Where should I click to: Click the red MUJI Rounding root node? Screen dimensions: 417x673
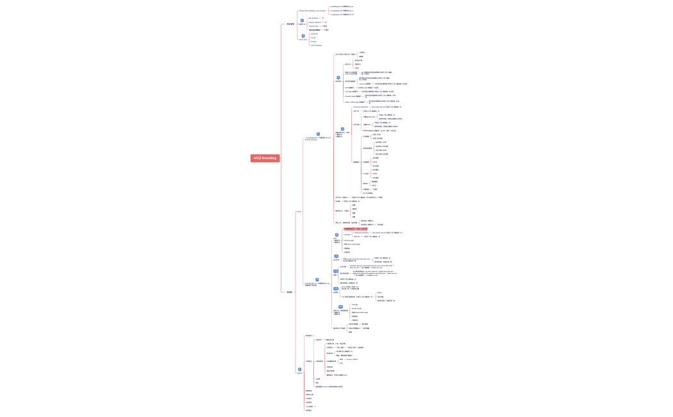265,158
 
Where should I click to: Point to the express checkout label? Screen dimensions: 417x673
314,22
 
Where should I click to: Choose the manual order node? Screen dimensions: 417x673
313,26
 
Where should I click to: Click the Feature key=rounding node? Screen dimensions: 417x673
313,11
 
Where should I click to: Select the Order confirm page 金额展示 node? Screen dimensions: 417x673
355,102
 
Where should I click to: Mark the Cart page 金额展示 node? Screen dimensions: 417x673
351,92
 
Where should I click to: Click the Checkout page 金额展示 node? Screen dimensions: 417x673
353,96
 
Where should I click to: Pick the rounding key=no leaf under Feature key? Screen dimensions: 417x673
342,6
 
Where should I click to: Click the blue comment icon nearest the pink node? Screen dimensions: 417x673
336,235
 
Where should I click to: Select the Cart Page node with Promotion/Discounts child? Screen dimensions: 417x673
346,234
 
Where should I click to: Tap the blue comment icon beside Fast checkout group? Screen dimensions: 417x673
303,21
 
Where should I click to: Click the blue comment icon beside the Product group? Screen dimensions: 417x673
303,36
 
